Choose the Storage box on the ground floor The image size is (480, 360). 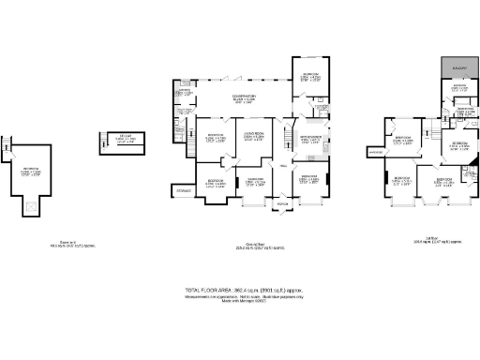click(182, 191)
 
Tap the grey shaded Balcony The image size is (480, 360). click(459, 68)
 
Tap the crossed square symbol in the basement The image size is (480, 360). click(33, 207)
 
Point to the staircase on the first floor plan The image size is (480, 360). click(430, 126)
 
